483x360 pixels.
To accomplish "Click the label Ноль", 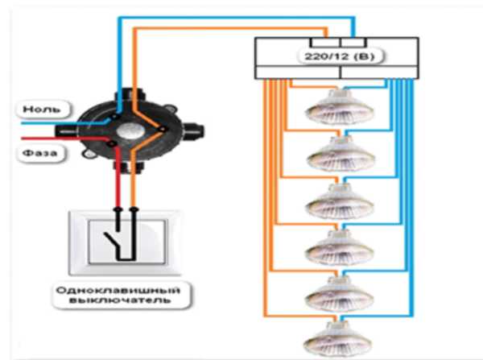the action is tap(42, 109).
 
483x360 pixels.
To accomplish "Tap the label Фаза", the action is tap(39, 153).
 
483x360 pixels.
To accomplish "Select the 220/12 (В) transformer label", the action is tap(340, 56).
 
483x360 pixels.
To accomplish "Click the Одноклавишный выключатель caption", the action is tap(118, 295).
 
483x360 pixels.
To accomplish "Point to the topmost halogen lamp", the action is tap(340, 107).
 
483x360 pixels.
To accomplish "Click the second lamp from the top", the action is tap(341, 154).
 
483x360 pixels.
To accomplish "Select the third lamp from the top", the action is tap(340, 201).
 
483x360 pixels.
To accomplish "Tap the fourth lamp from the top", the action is tap(340, 248).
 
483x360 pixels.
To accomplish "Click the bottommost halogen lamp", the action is tap(338, 339).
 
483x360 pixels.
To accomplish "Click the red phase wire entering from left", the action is tap(65, 139).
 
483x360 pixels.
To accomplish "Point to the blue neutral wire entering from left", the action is tap(64, 123).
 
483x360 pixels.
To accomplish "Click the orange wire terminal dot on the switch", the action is tap(134, 209).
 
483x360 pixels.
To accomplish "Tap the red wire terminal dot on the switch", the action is tap(118, 209).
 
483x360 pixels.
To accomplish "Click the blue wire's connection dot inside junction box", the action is tap(114, 117).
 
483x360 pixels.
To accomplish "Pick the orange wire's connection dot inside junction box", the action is tap(163, 129).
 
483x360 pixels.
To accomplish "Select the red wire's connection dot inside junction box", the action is tap(112, 143).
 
